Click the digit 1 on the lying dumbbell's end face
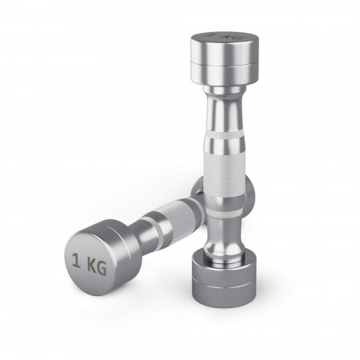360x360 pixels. click(77, 260)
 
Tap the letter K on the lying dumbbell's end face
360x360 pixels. click(92, 265)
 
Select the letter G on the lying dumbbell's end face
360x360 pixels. click(102, 268)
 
